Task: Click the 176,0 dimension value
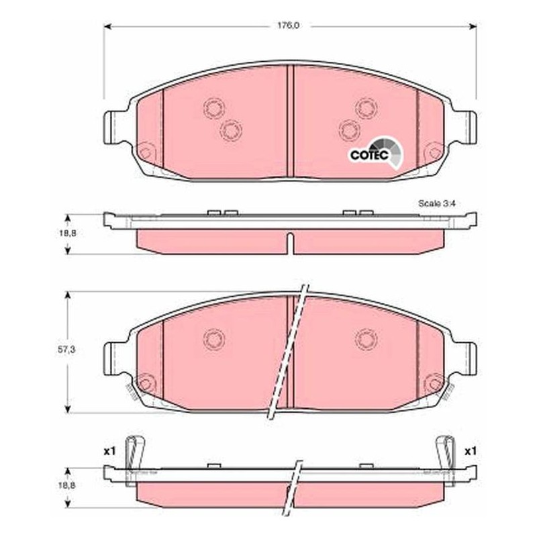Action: [x=288, y=26]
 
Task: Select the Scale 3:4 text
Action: [x=437, y=203]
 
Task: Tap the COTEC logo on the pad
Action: [x=376, y=154]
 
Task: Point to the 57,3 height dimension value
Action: [x=66, y=350]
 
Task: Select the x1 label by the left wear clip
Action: [x=109, y=452]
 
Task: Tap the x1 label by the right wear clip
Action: [x=471, y=452]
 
